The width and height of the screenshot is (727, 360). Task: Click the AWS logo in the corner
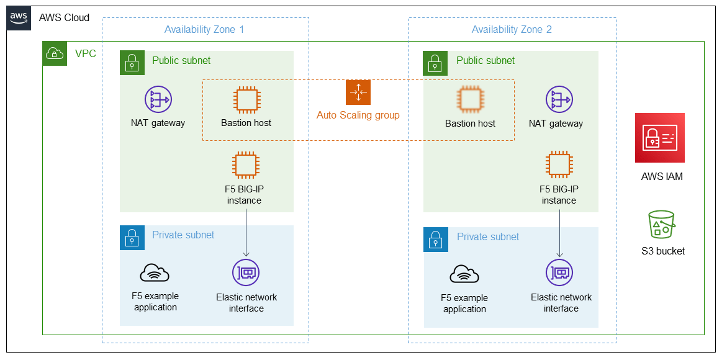point(19,18)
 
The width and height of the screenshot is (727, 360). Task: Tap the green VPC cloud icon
point(55,54)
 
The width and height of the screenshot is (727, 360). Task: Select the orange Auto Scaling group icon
point(358,92)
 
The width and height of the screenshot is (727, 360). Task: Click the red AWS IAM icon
point(660,138)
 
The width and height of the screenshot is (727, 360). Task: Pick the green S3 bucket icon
point(661,225)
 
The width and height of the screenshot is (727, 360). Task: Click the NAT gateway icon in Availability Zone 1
point(158,99)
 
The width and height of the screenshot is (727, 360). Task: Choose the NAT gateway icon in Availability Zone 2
point(559,99)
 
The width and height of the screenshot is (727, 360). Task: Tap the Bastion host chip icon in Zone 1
point(246,99)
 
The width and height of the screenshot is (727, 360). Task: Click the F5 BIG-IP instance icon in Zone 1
point(246,165)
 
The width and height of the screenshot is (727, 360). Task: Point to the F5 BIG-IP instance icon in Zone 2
point(559,165)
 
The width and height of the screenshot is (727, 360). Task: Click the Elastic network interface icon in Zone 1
point(246,272)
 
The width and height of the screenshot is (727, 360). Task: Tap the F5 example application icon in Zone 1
point(155,272)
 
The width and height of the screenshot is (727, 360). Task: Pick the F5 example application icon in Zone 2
point(464,274)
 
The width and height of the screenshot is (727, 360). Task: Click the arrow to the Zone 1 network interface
point(246,233)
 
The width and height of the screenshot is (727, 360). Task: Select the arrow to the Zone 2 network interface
point(559,233)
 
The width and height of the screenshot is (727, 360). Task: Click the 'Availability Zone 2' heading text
point(512,29)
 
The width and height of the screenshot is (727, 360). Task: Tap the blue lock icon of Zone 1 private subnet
point(132,238)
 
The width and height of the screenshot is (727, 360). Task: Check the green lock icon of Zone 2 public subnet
point(435,63)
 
